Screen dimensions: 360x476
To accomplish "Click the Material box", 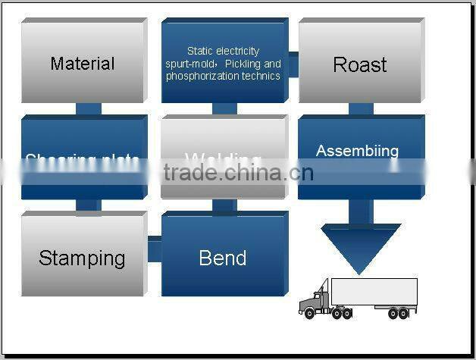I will click(82, 63).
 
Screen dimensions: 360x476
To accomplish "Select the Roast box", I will click(359, 64).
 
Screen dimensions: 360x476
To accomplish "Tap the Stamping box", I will click(82, 258).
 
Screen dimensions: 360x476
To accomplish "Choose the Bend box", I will click(223, 258).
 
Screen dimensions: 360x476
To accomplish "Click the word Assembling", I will click(357, 151).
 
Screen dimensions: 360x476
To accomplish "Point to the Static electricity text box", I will click(224, 63).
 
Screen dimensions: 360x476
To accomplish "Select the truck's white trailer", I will click(374, 292).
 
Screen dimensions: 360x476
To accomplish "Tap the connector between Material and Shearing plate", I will click(89, 108).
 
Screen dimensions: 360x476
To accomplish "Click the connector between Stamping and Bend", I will click(154, 249).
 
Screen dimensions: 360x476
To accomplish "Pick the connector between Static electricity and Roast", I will click(293, 63).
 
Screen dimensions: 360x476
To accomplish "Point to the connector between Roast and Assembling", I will click(361, 108).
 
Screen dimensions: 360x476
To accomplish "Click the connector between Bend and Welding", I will click(224, 205).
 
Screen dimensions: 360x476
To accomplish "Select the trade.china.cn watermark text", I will click(238, 173).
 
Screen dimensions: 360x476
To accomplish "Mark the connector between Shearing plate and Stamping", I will click(89, 206).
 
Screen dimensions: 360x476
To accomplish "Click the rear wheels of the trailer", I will click(398, 312).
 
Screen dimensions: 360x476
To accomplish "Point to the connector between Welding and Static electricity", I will click(224, 108).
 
